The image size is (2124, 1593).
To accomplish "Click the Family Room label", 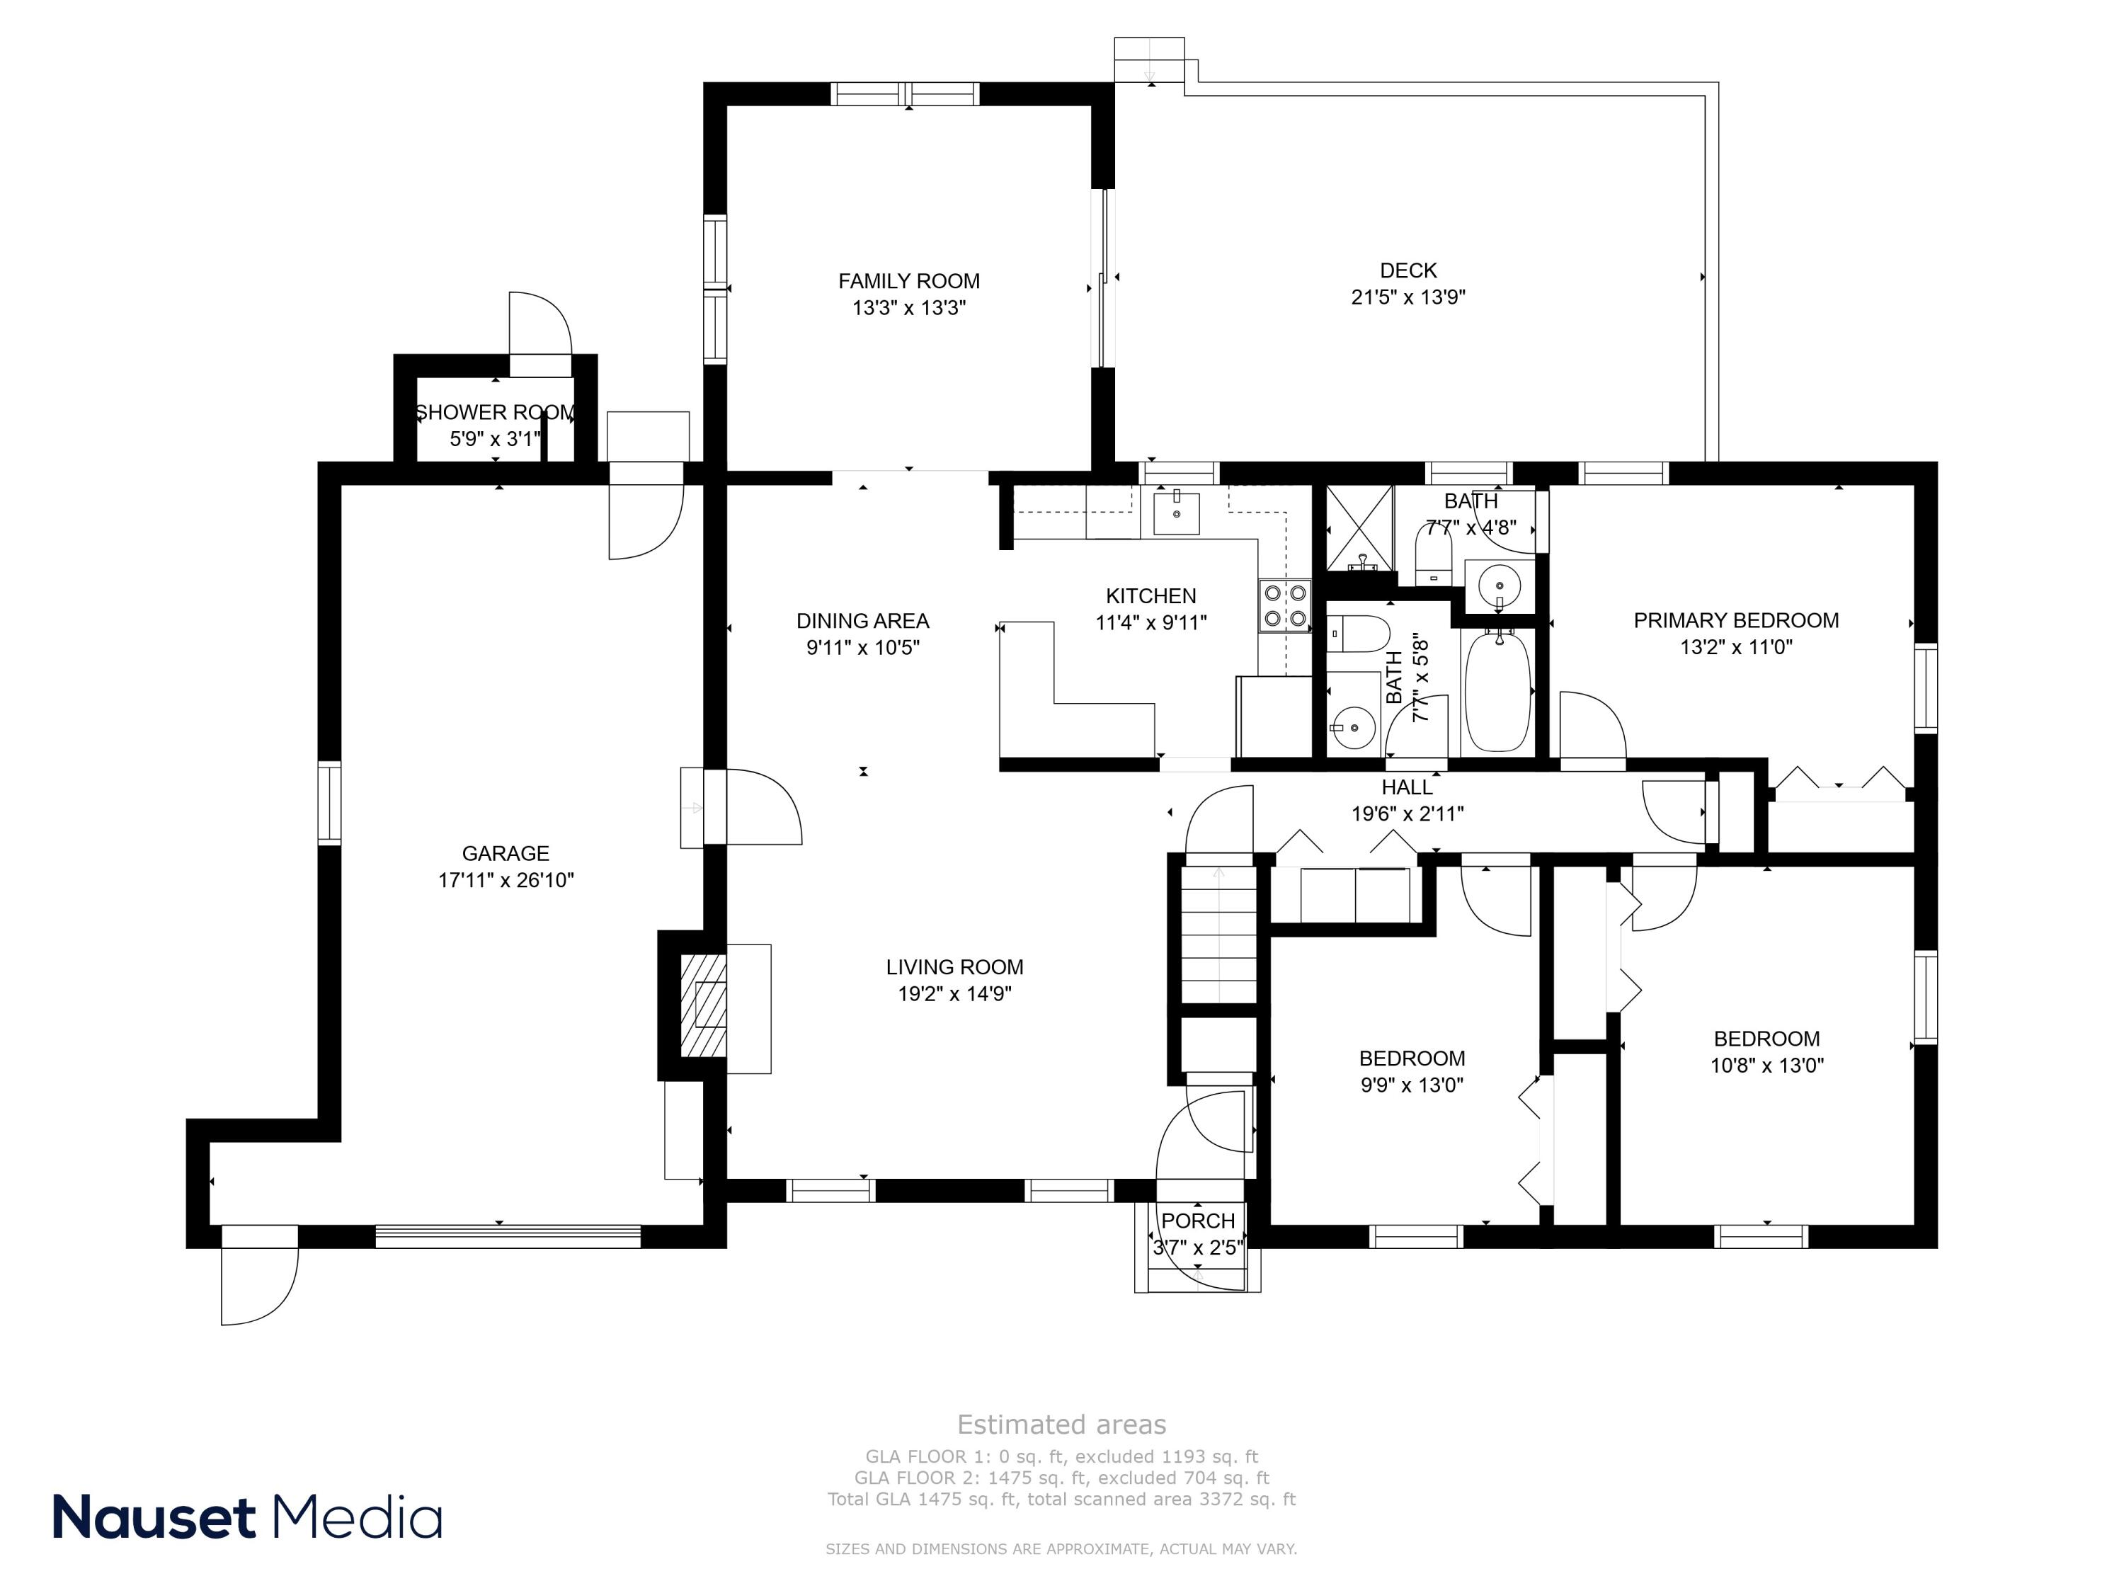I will coord(908,281).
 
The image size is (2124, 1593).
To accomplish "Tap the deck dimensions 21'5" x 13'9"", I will coord(1408,297).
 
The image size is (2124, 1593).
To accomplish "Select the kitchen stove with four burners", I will coord(1286,606).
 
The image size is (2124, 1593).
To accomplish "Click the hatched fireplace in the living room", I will coord(703,1005).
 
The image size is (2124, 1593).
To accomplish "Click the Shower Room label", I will coord(494,413).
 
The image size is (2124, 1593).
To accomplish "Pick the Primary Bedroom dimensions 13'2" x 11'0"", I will coord(1736,647).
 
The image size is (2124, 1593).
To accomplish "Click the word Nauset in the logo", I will coord(154,1518).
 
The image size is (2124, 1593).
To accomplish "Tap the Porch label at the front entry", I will coord(1197,1221).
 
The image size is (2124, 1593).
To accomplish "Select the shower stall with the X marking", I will coord(1359,528).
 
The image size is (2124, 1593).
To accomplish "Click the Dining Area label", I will coord(862,621).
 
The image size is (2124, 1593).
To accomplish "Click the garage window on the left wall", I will coord(329,803).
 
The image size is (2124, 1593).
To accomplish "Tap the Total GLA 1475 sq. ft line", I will coord(1061,1499).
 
